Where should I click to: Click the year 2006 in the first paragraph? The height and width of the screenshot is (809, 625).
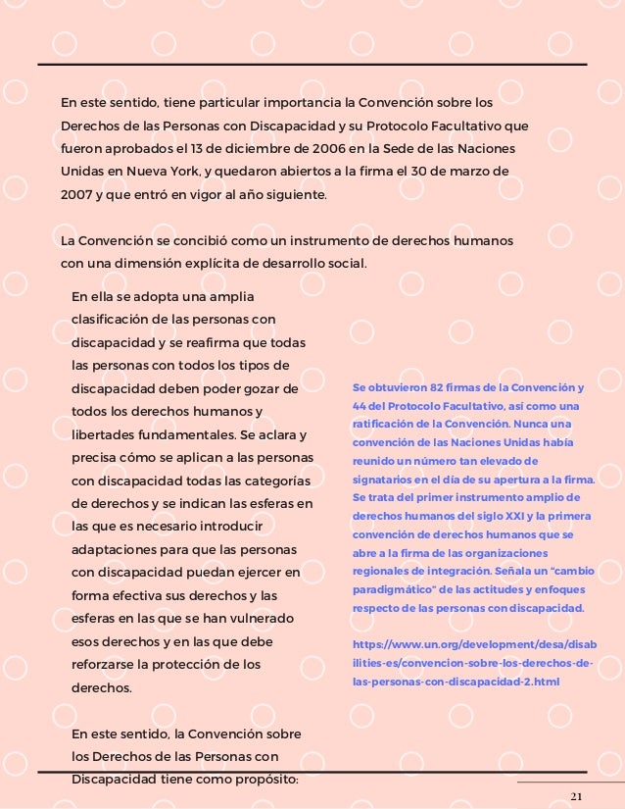pos(323,149)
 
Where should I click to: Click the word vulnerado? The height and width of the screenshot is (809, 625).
pos(273,619)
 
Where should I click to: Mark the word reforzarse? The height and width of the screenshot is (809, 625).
pos(110,665)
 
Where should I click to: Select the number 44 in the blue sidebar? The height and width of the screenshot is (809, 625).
pos(360,405)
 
